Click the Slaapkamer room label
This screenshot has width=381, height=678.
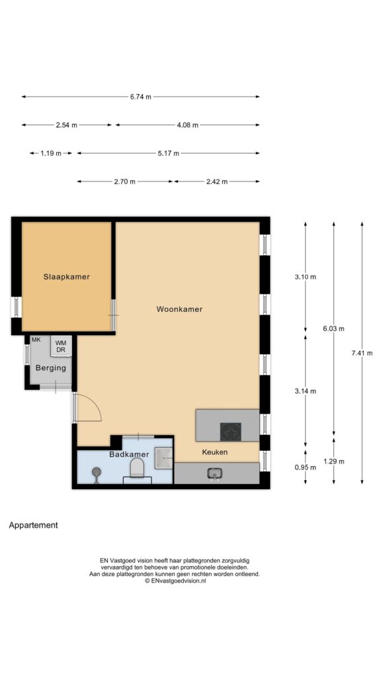click(67, 277)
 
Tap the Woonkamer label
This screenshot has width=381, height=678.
click(179, 309)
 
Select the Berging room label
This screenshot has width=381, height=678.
click(50, 368)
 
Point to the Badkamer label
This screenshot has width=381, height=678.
click(129, 454)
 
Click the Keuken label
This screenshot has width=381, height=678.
click(215, 452)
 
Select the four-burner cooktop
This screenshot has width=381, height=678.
click(230, 431)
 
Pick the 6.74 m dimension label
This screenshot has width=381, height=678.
click(141, 97)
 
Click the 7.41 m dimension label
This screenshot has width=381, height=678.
click(362, 353)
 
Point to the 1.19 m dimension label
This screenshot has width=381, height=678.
click(51, 153)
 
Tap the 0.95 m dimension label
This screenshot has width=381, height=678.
click(306, 467)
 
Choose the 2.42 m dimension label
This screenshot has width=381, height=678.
click(217, 181)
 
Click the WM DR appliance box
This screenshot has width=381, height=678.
click(60, 346)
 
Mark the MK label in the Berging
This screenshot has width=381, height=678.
click(36, 340)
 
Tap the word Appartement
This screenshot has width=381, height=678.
click(33, 526)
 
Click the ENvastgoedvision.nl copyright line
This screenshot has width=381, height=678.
click(175, 581)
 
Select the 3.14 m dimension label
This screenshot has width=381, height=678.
click(306, 391)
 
